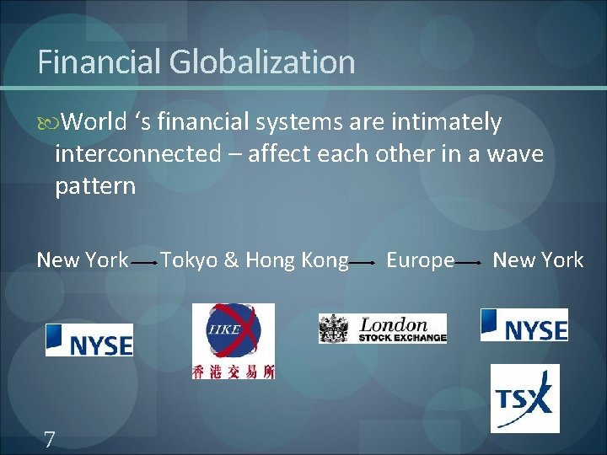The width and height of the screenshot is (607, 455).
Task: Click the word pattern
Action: tap(95, 185)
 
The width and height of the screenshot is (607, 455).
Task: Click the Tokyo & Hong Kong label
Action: tap(254, 260)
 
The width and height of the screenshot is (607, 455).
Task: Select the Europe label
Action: tap(420, 260)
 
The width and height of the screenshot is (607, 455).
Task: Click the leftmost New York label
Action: tap(82, 260)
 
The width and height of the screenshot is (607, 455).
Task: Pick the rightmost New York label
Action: tap(538, 260)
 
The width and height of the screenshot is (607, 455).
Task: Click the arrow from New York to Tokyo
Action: tap(144, 263)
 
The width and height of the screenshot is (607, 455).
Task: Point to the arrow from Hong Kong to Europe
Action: tap(363, 263)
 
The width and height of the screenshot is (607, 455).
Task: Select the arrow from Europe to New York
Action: tap(470, 263)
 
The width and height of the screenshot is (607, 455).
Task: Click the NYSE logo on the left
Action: tap(89, 340)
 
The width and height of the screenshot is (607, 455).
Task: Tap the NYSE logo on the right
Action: tap(524, 325)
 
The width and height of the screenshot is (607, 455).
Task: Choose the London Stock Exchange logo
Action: tap(382, 328)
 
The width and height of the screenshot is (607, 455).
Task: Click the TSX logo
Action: tap(524, 398)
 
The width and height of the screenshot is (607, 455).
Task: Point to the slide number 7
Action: tap(50, 438)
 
